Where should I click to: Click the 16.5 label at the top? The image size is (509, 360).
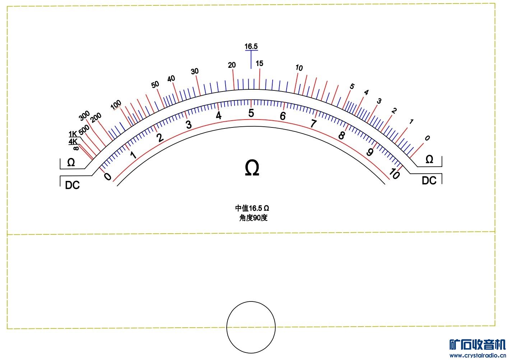[251, 46]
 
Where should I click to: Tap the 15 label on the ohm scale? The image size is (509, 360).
[259, 63]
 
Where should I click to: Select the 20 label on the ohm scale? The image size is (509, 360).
[232, 65]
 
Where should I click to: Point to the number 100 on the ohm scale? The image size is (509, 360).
[116, 105]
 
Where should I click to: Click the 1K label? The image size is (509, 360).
[73, 134]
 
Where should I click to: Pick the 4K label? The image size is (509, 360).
[73, 142]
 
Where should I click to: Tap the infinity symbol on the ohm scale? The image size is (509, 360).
[76, 148]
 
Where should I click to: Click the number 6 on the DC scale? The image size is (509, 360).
[283, 116]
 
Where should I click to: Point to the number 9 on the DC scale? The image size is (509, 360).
[370, 152]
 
